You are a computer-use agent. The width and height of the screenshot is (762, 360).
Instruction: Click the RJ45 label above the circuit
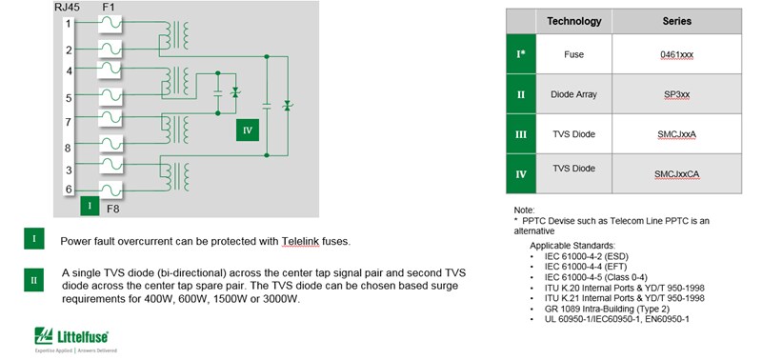click(x=69, y=8)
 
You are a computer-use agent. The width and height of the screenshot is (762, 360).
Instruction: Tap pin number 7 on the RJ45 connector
click(x=69, y=122)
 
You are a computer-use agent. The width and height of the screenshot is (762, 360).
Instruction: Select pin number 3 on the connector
click(x=69, y=170)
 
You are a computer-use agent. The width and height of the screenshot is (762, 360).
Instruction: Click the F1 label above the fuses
click(x=110, y=8)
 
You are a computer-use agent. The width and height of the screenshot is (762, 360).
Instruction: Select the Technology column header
click(x=574, y=21)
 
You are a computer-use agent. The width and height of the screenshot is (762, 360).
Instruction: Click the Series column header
click(x=676, y=21)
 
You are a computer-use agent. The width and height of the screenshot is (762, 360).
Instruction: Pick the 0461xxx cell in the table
click(x=676, y=55)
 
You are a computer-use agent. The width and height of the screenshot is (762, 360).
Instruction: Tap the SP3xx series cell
click(x=676, y=95)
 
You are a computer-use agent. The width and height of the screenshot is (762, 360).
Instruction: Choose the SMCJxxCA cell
click(x=676, y=174)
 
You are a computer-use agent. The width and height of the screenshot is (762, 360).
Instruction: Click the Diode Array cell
click(x=573, y=95)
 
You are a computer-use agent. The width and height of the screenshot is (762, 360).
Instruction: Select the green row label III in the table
click(x=520, y=135)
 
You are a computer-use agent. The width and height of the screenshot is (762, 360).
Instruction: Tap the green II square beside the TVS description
click(x=33, y=279)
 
